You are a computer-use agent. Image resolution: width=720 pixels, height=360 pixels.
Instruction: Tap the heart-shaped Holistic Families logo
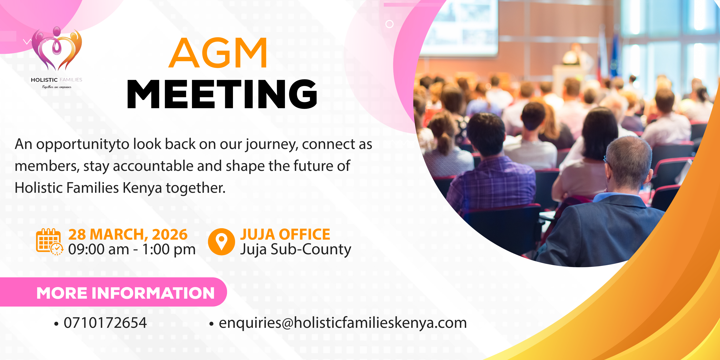pos(57,49)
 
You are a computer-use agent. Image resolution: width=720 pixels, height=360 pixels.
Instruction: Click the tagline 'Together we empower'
pos(57,87)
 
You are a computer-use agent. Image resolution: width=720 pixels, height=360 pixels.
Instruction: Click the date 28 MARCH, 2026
pos(128,234)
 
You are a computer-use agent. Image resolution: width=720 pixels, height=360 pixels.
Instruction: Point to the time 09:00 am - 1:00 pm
pos(132,249)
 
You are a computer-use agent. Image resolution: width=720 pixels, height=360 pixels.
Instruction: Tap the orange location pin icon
pos(221,242)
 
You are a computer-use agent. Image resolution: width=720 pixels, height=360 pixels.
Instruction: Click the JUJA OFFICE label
pos(285,234)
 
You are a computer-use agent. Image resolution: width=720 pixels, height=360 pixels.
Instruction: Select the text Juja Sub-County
pos(295,249)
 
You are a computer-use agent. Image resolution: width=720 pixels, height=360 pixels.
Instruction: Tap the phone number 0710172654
pos(105,323)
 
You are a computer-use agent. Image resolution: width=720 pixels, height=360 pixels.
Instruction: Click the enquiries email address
pos(342,323)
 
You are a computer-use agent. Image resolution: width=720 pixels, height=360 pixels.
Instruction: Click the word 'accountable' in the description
pos(153,166)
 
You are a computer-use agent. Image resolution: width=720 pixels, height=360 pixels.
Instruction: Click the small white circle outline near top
pos(389,24)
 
